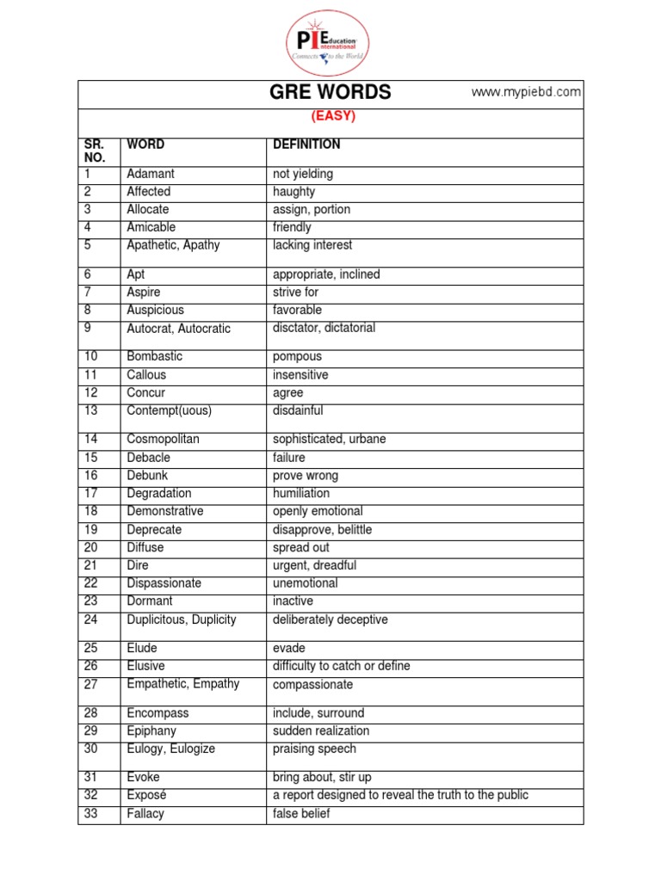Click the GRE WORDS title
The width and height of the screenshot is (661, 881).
pyautogui.click(x=330, y=93)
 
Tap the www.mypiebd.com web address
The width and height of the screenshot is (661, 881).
pyautogui.click(x=526, y=93)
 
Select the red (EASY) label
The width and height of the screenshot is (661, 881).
pyautogui.click(x=331, y=116)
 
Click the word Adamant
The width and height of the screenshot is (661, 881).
pyautogui.click(x=151, y=174)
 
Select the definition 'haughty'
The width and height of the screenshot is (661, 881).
pyautogui.click(x=293, y=192)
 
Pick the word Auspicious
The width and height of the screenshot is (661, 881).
pyautogui.click(x=155, y=310)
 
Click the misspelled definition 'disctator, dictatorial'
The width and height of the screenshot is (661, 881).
pyautogui.click(x=324, y=328)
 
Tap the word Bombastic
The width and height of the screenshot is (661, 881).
pyautogui.click(x=155, y=356)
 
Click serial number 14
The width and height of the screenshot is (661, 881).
pyautogui.click(x=91, y=439)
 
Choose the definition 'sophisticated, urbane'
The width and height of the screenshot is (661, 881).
pyautogui.click(x=329, y=439)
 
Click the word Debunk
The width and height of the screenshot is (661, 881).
pyautogui.click(x=148, y=475)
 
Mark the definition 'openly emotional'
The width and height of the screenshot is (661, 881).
pyautogui.click(x=318, y=511)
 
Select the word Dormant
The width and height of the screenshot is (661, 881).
pyautogui.click(x=150, y=601)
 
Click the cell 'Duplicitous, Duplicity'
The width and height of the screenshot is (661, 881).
pyautogui.click(x=182, y=619)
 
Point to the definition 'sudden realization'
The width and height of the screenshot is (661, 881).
pyautogui.click(x=321, y=730)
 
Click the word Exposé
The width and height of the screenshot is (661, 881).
pyautogui.click(x=145, y=795)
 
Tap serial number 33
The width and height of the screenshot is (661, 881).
pyautogui.click(x=91, y=813)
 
